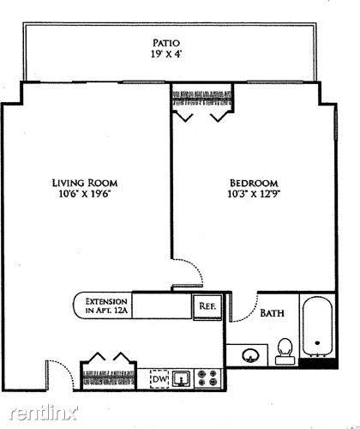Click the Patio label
point(166,43)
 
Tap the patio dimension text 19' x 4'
point(166,54)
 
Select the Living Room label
point(85,183)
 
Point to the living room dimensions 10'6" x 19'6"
point(85,194)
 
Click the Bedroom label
point(254,183)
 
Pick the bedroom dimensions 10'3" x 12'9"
point(254,194)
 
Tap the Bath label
point(272,313)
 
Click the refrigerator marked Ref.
point(207,306)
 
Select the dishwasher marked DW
point(159,379)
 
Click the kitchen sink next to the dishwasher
point(182,379)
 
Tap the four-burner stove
point(207,378)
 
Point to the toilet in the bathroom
point(285,351)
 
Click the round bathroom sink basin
point(250,355)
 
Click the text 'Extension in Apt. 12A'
point(106,305)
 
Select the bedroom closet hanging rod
point(201,98)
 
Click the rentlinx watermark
point(44,413)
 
